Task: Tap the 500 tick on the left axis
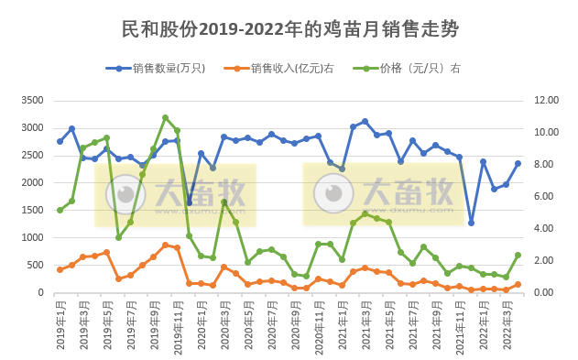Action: [x=35, y=266]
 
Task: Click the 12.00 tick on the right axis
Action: [x=545, y=100]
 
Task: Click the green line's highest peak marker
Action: [x=165, y=118]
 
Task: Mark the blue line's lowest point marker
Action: [x=471, y=223]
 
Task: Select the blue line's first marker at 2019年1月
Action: [x=60, y=141]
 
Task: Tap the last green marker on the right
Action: [x=518, y=256]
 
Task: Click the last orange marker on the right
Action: [x=518, y=285]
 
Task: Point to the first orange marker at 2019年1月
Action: [x=60, y=269]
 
